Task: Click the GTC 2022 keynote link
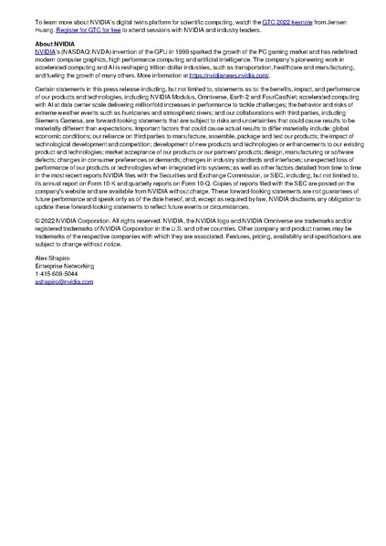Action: [x=282, y=20]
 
